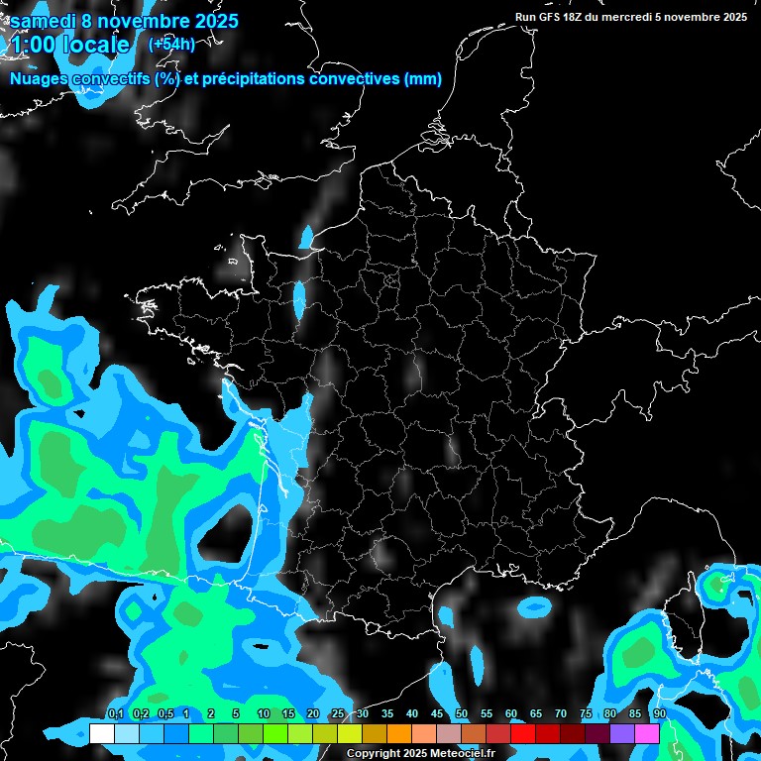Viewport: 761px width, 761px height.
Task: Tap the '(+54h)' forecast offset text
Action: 171,44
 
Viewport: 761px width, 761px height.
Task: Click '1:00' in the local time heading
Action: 32,45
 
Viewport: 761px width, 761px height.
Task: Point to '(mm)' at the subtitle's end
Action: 423,79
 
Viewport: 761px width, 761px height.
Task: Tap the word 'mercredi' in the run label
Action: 645,17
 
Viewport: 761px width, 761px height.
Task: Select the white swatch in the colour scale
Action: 101,733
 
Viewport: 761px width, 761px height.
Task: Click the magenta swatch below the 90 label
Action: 647,733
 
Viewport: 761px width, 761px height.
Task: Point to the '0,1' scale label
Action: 116,714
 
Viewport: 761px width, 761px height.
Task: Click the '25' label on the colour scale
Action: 338,714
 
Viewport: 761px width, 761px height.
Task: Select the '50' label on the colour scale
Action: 462,714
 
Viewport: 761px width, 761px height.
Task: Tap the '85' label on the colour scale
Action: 635,714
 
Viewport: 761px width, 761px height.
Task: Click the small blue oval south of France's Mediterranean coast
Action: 535,604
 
